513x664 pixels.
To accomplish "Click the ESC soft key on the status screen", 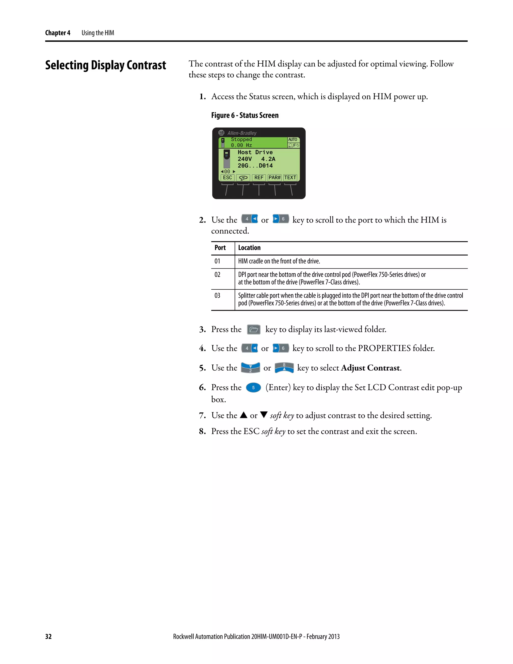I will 227,178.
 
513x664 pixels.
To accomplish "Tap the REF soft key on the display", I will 259,178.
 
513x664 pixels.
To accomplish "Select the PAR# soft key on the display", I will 275,178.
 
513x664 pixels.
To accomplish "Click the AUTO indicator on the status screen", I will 293,140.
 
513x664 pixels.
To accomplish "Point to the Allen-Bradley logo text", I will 242,133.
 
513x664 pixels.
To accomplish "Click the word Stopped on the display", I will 241,139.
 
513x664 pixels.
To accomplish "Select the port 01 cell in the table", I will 217,261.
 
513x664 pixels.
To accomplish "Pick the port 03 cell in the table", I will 217,295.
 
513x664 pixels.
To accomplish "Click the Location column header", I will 249,248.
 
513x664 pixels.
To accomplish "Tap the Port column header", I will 220,248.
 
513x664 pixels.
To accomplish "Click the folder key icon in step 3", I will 253,329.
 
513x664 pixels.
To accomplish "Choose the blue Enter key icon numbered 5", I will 253,388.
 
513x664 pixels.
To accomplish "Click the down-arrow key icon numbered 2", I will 250,368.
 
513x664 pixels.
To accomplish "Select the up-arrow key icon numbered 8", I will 284,368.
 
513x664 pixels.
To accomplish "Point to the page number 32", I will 48,636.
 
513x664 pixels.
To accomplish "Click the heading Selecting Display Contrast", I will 106,65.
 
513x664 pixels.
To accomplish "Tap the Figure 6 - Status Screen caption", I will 245,115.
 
